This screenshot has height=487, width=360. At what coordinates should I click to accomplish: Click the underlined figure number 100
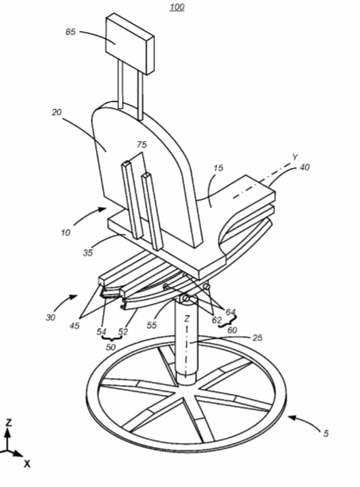[x=177, y=7]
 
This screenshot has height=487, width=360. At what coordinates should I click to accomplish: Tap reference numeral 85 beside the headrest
[x=71, y=31]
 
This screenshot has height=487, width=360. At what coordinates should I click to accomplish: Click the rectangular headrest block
[x=130, y=44]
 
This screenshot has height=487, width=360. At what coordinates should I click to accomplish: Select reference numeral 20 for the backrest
[x=57, y=112]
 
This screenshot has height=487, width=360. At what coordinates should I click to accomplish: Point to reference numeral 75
[x=141, y=145]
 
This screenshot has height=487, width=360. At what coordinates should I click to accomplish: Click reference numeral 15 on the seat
[x=219, y=168]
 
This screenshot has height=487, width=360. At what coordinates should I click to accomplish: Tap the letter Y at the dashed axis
[x=295, y=157]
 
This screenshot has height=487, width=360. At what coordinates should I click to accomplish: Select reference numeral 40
[x=305, y=167]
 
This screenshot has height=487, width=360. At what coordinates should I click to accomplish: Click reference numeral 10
[x=65, y=232]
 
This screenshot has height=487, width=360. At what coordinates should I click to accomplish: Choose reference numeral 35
[x=88, y=252]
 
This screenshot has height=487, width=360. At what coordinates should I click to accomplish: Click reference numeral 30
[x=51, y=317]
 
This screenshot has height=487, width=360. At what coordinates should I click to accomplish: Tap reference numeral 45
[x=74, y=325]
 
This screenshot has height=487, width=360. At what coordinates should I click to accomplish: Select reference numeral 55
[x=152, y=325]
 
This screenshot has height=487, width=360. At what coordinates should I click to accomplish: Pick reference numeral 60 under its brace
[x=233, y=330]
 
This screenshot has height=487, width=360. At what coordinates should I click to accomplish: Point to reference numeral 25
[x=258, y=337]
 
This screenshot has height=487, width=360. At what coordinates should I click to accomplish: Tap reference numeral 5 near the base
[x=325, y=433]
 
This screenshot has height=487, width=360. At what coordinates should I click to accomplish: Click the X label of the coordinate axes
[x=28, y=464]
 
